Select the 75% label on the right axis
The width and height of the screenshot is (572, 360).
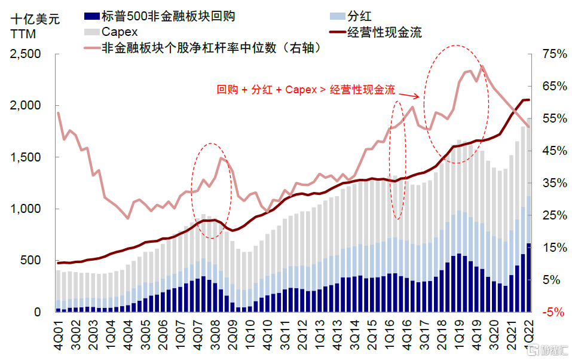tap(553, 54)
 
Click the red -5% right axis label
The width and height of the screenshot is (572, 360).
tap(553, 312)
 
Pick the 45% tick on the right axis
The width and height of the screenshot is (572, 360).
tap(553, 151)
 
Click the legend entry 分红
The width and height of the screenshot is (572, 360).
tap(374, 16)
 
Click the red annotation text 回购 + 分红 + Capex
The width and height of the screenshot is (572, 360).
tap(305, 90)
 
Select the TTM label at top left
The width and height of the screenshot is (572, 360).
tap(24, 34)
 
